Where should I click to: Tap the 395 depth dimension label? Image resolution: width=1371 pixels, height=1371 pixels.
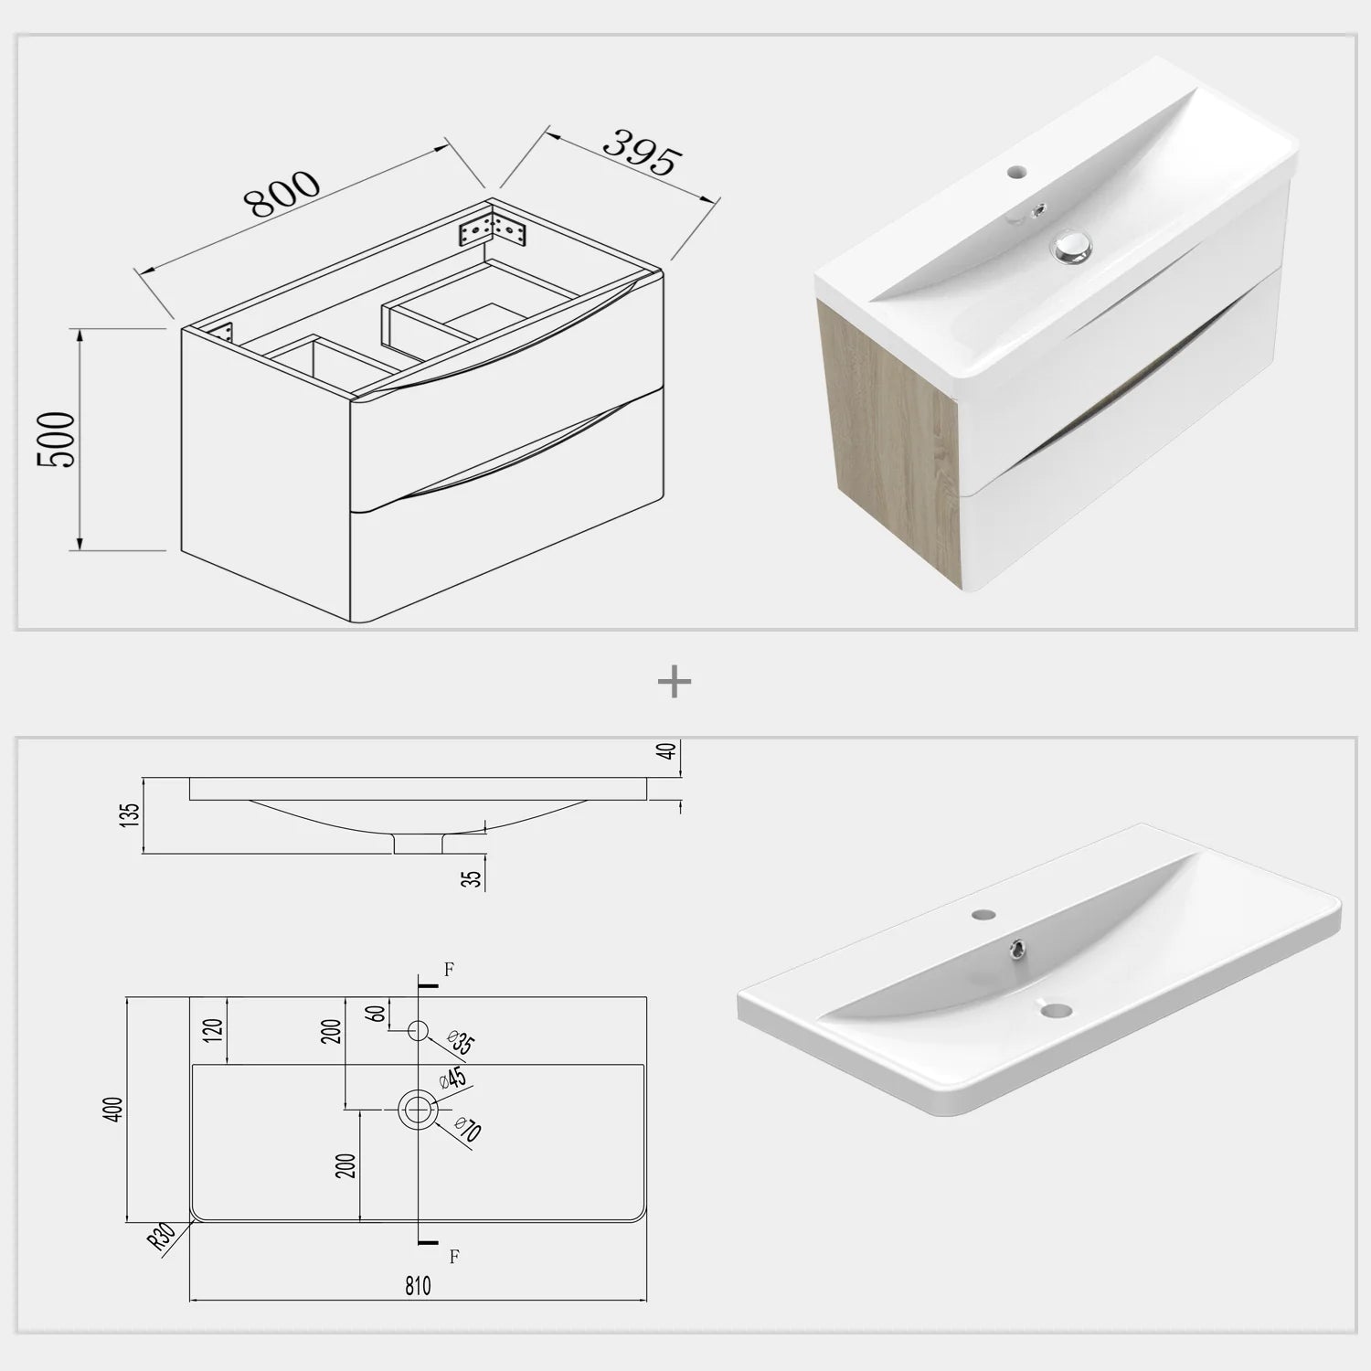(x=643, y=152)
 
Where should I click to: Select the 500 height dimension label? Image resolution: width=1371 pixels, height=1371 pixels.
(x=57, y=440)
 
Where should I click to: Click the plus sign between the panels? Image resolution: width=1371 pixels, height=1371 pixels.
(x=675, y=682)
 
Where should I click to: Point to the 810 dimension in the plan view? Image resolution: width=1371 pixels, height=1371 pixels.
(x=417, y=1286)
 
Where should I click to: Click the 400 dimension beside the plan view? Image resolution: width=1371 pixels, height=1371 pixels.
(x=114, y=1110)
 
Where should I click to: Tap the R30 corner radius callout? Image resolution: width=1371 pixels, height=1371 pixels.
(x=163, y=1238)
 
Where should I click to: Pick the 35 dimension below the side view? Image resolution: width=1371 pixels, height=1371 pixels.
(x=472, y=878)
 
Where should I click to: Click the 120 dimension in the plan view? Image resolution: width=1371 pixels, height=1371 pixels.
(x=214, y=1030)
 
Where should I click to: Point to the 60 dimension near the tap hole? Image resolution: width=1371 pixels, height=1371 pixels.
(x=375, y=1014)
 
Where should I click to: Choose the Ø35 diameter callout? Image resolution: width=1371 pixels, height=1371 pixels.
(x=462, y=1042)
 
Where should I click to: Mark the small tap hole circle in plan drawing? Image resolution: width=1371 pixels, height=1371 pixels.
(x=418, y=1031)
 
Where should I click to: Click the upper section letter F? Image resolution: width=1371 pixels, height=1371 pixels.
(x=449, y=970)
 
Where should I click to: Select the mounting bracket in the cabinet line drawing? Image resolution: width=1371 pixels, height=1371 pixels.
(x=493, y=227)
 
